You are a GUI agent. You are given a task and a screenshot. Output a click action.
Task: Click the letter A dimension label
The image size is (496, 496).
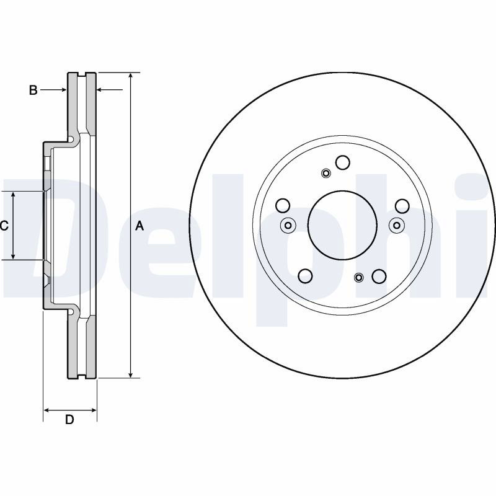click(139, 226)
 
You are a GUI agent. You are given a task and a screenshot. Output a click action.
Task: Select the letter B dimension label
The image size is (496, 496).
click(33, 90)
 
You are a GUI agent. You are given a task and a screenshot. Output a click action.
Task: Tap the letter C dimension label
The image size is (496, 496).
click(4, 226)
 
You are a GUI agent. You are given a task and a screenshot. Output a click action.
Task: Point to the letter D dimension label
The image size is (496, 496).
click(69, 420)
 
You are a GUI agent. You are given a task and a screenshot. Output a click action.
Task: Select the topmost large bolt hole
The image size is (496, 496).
click(343, 162)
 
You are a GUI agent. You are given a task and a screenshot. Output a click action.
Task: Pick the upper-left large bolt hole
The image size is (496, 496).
click(283, 206)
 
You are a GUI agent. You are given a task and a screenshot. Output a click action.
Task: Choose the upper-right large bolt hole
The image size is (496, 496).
click(402, 206)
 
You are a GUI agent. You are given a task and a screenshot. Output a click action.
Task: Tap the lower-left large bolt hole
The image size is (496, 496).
click(306, 276)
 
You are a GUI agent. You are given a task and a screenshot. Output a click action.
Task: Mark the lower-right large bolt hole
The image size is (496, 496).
click(379, 276)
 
